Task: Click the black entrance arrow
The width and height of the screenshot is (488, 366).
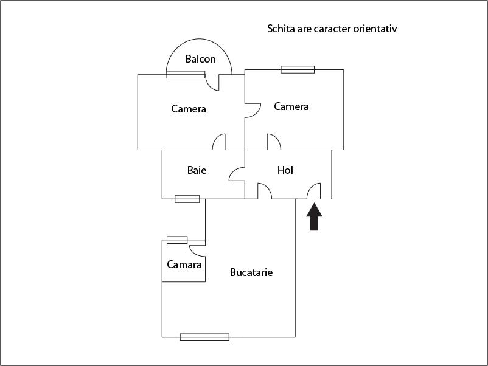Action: point(314,217)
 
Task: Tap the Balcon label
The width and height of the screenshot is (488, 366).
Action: point(201,59)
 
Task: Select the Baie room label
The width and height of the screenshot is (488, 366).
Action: point(197,170)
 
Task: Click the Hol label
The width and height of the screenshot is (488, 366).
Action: point(285,170)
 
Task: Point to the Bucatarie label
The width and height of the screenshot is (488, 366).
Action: point(251,272)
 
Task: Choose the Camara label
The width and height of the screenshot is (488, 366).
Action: point(184,264)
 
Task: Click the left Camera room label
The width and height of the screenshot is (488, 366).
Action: point(189,109)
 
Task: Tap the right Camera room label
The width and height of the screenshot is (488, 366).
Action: point(291,106)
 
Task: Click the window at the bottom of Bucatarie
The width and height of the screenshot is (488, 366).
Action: point(204,337)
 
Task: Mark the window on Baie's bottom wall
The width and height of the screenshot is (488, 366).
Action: point(187,199)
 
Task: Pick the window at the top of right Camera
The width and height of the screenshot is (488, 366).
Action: point(298,69)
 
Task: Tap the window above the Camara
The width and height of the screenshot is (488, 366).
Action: point(177,240)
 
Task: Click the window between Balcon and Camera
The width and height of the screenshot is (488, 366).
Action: point(186,74)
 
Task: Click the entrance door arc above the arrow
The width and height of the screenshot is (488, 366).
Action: point(315,191)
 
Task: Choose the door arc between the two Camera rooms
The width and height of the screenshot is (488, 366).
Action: point(253,110)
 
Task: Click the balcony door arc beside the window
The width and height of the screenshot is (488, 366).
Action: point(212,83)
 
